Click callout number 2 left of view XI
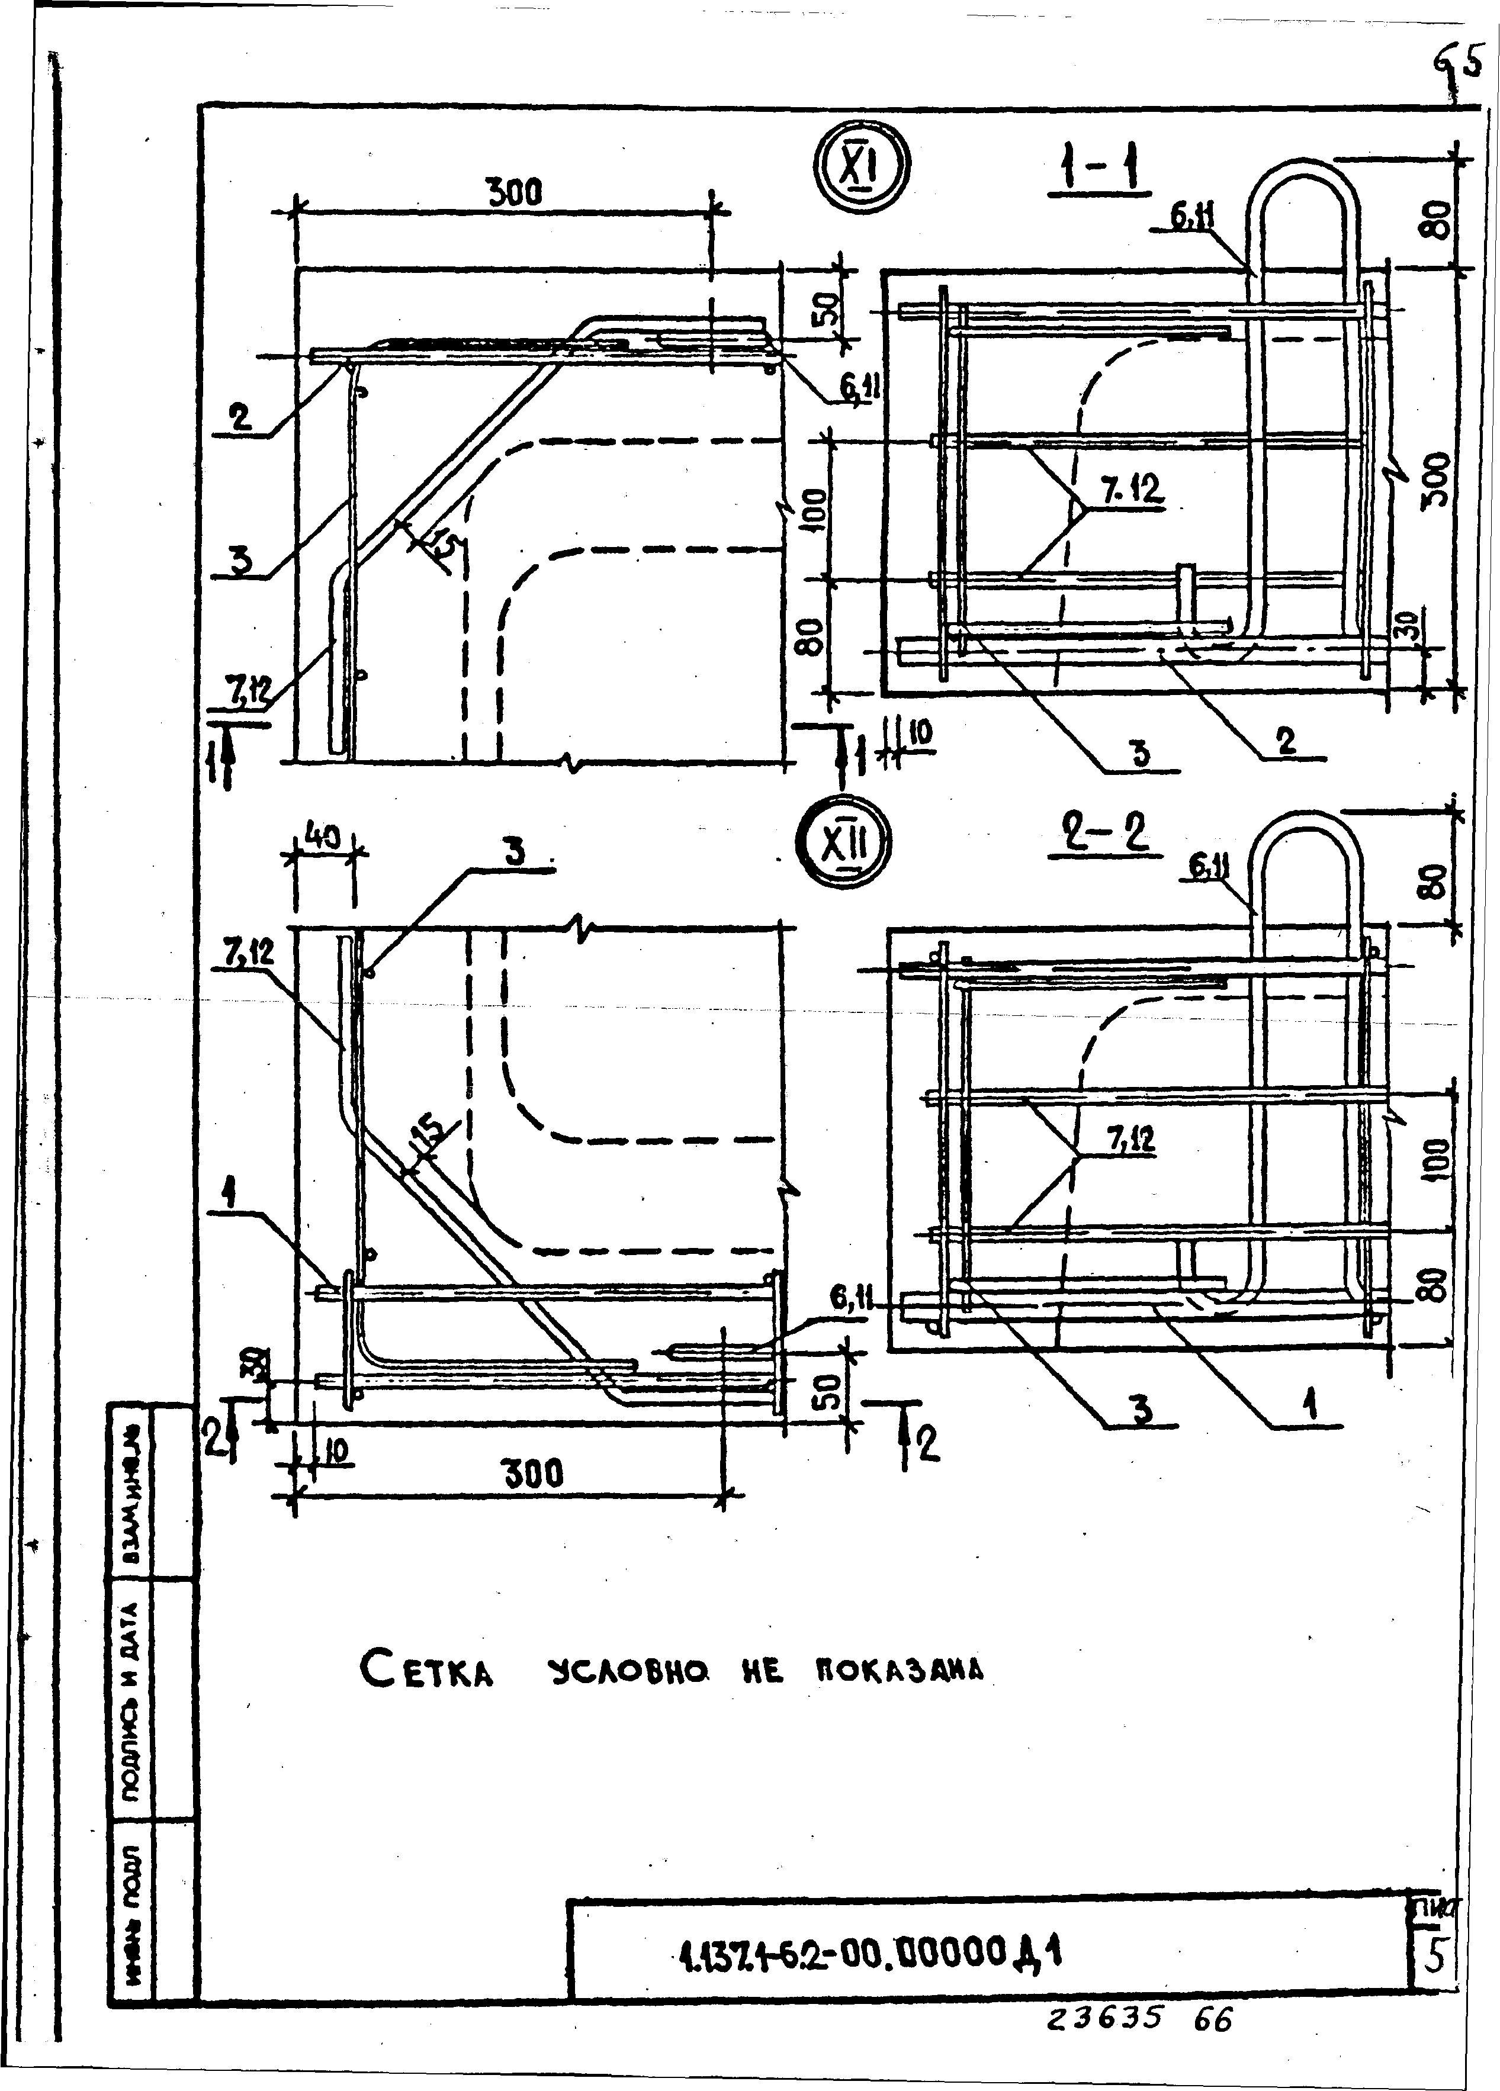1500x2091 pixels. click(x=240, y=419)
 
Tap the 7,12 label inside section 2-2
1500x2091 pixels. click(x=1130, y=1141)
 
